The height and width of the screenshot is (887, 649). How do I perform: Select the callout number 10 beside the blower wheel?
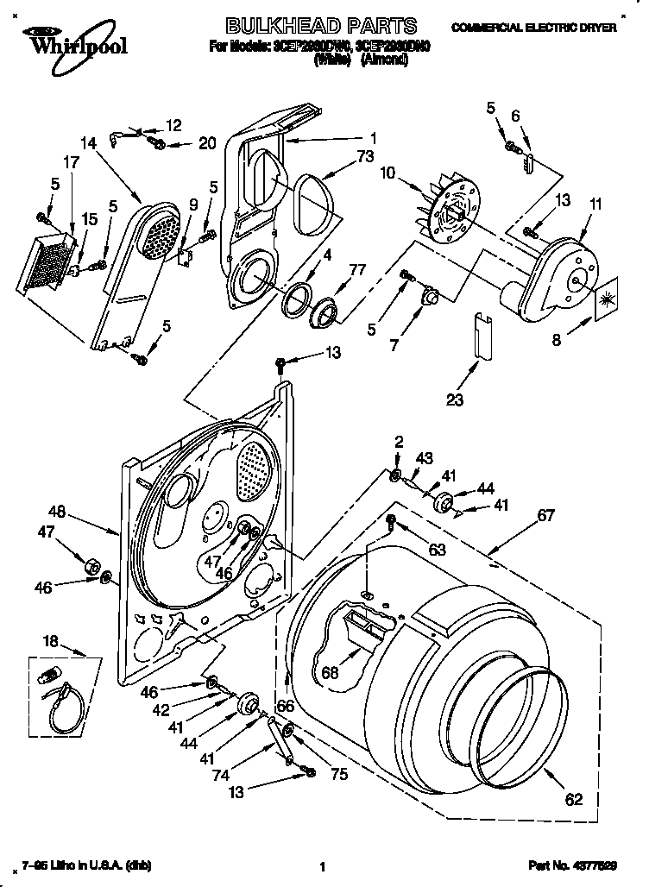(x=389, y=173)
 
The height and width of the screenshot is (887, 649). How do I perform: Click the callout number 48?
(x=57, y=511)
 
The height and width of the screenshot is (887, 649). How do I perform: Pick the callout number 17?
(x=70, y=160)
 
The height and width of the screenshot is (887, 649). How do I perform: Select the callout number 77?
(x=356, y=270)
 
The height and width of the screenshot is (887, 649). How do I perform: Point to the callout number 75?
(x=339, y=775)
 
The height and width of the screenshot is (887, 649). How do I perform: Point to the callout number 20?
(x=207, y=143)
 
